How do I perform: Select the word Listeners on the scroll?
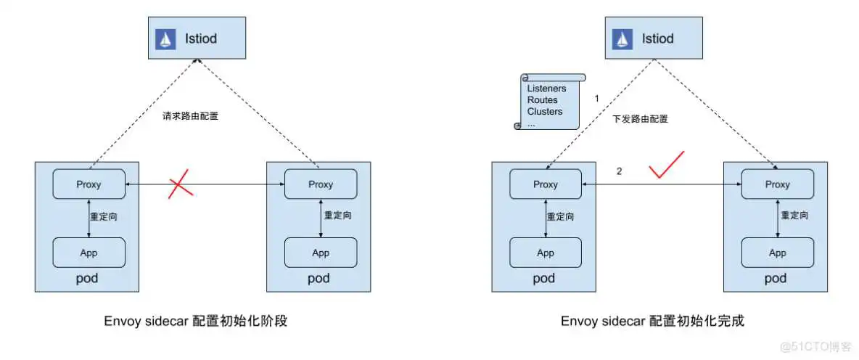click(x=546, y=89)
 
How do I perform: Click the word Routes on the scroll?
click(x=543, y=100)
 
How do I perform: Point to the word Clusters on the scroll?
click(x=545, y=112)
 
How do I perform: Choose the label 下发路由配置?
click(x=640, y=119)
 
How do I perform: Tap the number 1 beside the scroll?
click(x=596, y=98)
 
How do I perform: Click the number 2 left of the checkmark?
click(x=619, y=172)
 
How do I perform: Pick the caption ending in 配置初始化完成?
click(x=652, y=321)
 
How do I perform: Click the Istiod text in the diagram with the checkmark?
click(x=657, y=39)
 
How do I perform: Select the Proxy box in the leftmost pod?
click(x=89, y=184)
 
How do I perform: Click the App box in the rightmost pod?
click(x=777, y=253)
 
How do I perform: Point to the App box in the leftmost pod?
click(x=89, y=253)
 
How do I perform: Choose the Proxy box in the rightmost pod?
click(x=777, y=184)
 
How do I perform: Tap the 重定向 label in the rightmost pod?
click(x=795, y=216)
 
